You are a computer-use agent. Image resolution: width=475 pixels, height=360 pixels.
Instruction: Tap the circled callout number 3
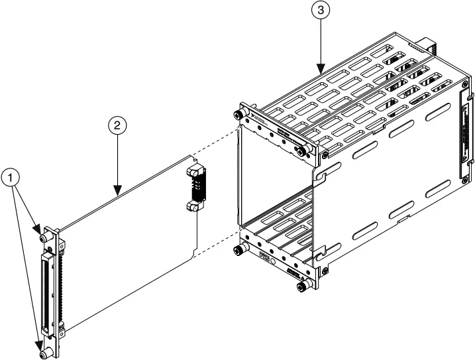point(321,11)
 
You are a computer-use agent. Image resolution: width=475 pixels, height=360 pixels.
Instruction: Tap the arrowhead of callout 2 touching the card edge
point(117,193)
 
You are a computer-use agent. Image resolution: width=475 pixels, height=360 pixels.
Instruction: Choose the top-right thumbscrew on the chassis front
point(303,151)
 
